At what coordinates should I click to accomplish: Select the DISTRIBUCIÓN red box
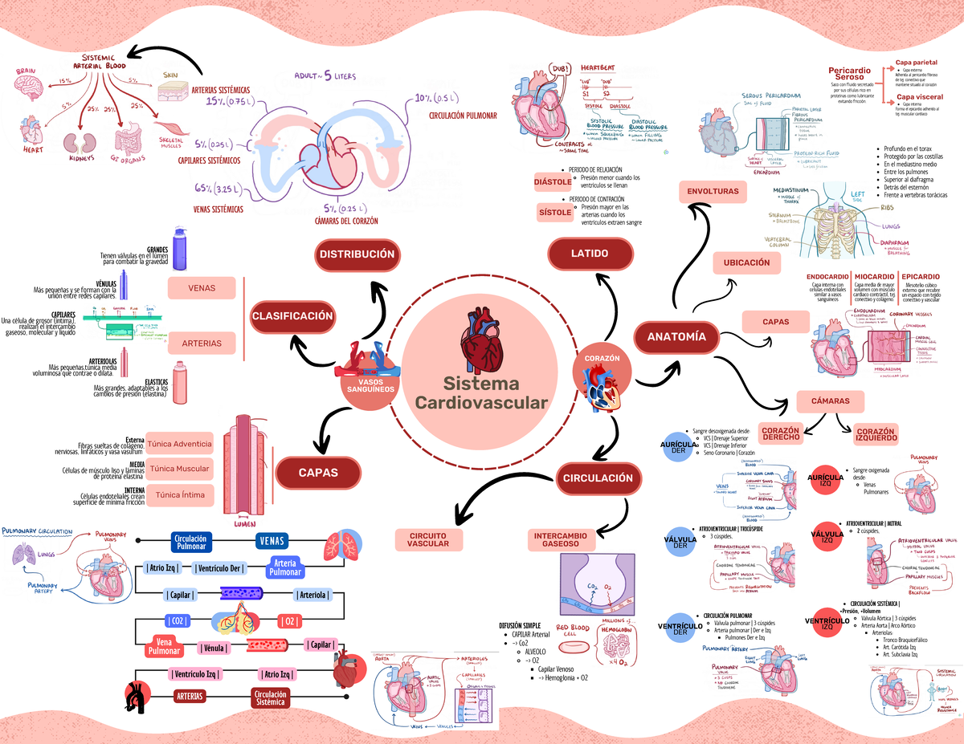click(x=357, y=254)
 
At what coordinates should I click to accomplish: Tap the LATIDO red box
click(x=590, y=254)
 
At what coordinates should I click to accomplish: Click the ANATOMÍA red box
click(x=676, y=337)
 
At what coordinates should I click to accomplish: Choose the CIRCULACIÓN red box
click(x=598, y=478)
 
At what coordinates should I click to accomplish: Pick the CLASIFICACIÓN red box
click(x=292, y=316)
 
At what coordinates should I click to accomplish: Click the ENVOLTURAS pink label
click(x=713, y=192)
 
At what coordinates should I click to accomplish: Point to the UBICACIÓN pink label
click(x=746, y=262)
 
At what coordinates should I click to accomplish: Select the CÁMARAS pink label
click(x=830, y=401)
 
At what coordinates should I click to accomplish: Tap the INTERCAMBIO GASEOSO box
click(x=561, y=539)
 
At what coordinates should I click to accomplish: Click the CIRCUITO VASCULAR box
click(x=428, y=539)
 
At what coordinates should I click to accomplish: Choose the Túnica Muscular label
click(x=180, y=469)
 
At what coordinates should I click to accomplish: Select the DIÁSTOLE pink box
click(x=553, y=182)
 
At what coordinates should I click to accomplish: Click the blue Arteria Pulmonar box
click(x=285, y=567)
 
